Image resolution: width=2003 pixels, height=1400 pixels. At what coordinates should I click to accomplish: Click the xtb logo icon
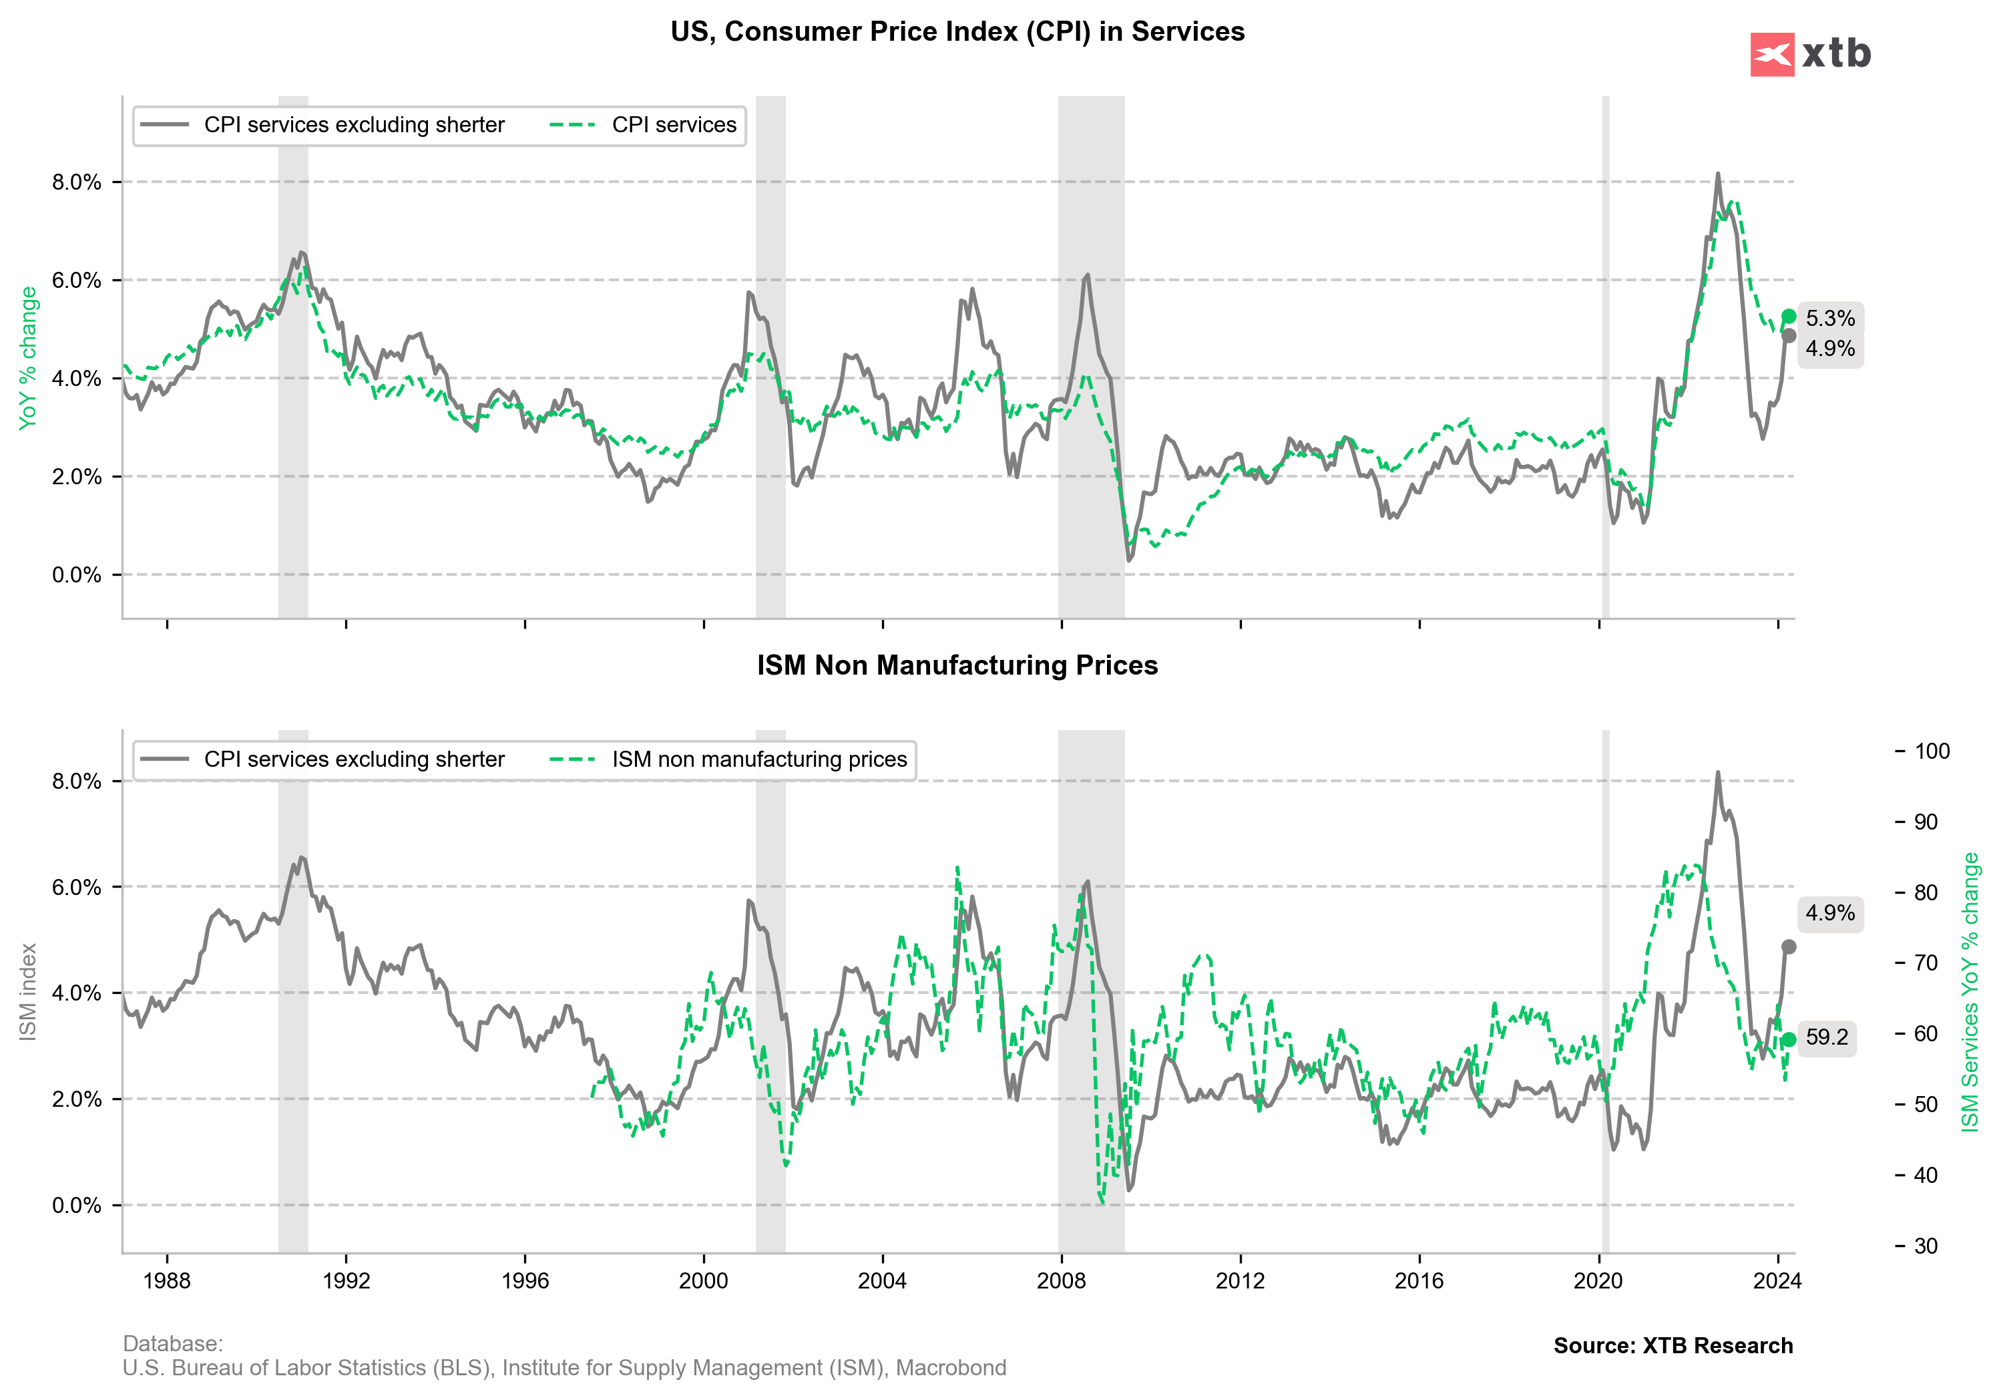point(1772,54)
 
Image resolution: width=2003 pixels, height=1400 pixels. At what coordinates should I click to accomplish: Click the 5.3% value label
point(1829,319)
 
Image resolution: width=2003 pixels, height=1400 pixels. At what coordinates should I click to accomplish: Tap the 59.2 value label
point(1827,1038)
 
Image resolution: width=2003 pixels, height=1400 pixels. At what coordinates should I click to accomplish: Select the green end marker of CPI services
point(1789,316)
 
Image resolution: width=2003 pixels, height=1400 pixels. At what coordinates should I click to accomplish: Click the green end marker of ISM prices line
point(1789,1039)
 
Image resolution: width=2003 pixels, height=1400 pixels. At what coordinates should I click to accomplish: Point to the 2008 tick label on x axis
point(1061,1281)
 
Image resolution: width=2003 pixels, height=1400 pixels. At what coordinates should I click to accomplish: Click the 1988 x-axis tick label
point(167,1281)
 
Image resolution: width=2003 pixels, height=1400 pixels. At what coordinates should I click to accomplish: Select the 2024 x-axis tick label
point(1777,1281)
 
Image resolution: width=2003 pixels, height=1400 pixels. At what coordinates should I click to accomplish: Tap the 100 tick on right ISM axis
point(1932,751)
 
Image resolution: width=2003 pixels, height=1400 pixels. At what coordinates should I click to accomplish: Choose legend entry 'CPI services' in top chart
point(674,126)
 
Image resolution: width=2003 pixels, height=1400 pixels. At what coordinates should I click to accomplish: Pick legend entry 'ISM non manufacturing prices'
point(759,760)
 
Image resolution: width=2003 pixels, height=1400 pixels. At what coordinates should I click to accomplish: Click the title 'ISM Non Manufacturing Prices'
point(957,666)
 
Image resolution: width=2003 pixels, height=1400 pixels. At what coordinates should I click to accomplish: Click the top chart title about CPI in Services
point(957,32)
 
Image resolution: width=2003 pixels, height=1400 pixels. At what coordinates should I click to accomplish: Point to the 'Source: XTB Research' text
point(1673,1346)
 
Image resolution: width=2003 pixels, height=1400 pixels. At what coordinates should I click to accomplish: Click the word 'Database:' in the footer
point(173,1344)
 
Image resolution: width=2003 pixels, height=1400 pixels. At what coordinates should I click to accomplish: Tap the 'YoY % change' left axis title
point(28,358)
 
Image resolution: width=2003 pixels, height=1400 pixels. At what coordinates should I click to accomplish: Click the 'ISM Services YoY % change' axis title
point(1970,993)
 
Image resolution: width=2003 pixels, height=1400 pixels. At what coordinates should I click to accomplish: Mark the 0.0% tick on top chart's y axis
point(77,575)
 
